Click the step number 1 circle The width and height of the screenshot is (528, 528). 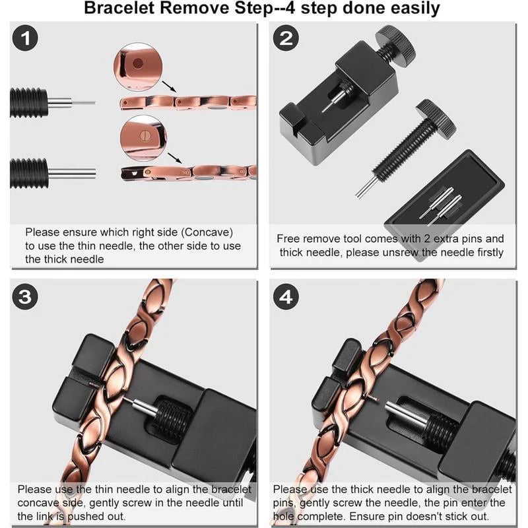point(26,40)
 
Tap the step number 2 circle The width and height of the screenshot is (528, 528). point(285,40)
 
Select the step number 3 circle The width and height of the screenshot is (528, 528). point(26,297)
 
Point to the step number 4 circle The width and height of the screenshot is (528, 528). point(285,297)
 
